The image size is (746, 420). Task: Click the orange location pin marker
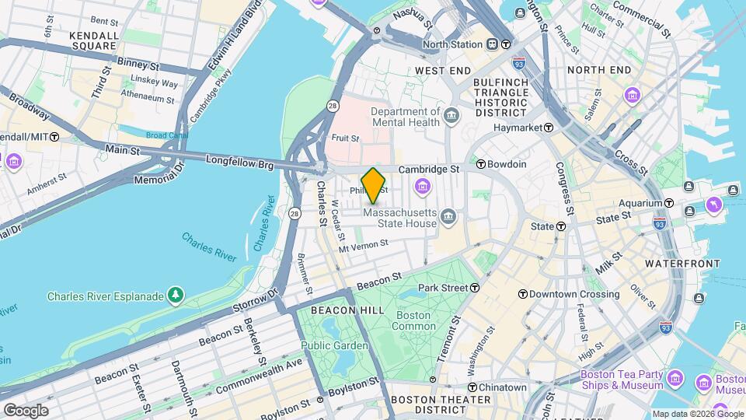(x=374, y=185)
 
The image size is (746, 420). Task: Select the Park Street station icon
(x=475, y=288)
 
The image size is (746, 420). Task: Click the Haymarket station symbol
(x=549, y=127)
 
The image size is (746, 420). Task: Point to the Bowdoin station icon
(x=481, y=164)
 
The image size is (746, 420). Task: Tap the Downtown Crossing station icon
(x=523, y=294)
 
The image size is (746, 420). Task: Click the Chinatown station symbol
(x=472, y=387)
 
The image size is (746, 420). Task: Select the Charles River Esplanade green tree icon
(x=176, y=296)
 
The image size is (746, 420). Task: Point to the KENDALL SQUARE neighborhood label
(x=93, y=41)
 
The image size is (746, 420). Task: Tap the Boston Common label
(x=413, y=320)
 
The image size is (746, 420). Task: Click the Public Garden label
(x=334, y=345)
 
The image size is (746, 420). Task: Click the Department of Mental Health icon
(x=451, y=117)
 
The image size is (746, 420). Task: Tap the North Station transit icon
(x=505, y=44)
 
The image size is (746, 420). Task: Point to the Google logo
(x=25, y=410)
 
